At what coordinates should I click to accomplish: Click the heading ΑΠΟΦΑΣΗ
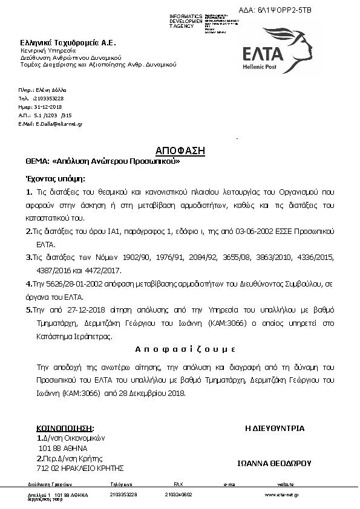[180, 150]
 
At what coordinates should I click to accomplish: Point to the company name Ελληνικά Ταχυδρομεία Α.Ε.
[68, 42]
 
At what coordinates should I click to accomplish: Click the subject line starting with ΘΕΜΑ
[102, 162]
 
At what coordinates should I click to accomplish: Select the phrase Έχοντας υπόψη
[55, 178]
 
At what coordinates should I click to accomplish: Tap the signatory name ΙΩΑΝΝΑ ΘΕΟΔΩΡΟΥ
[274, 463]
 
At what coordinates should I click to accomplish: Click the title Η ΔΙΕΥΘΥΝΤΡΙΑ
[275, 428]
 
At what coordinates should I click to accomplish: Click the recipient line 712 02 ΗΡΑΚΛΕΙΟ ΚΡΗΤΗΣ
[80, 468]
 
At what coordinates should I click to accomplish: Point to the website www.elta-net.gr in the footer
[281, 494]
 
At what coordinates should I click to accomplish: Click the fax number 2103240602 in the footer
[178, 494]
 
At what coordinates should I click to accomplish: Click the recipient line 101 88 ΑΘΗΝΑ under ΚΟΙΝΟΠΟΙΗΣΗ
[63, 448]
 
